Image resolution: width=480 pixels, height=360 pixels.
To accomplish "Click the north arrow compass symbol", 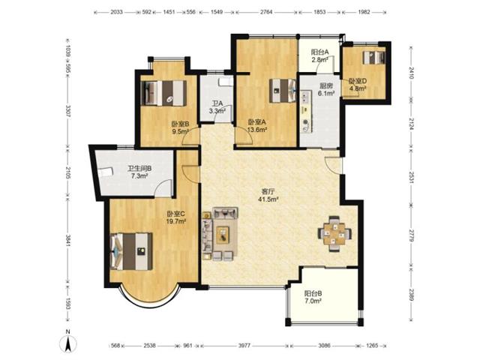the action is (x=69, y=340).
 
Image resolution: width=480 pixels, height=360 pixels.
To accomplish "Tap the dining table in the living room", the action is (x=334, y=234).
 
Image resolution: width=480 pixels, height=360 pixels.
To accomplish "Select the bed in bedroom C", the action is (x=132, y=251).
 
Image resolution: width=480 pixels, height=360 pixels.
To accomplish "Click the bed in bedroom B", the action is (x=164, y=93).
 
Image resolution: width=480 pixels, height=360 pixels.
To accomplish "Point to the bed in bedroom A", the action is (x=283, y=90).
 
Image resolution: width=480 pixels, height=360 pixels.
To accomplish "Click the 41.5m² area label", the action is (x=268, y=199).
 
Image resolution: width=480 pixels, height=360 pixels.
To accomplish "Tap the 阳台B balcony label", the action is (x=313, y=293).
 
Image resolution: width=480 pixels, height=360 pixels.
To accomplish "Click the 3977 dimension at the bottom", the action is (x=244, y=346).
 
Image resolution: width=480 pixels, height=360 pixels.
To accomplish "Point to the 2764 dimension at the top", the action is (x=265, y=12).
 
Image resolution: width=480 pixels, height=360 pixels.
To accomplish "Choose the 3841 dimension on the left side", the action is (x=68, y=241).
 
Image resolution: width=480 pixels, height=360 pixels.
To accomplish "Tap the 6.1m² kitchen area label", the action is (x=326, y=93).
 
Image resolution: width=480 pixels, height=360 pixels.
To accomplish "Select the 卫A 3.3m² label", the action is (x=217, y=107).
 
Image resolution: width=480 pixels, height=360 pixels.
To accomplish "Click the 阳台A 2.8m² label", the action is (x=320, y=55).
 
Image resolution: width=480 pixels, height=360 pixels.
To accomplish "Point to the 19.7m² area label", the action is (x=176, y=220).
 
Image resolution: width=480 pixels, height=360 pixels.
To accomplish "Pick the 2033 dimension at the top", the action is (x=116, y=12).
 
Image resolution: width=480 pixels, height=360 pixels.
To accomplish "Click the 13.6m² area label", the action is (x=257, y=130).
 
